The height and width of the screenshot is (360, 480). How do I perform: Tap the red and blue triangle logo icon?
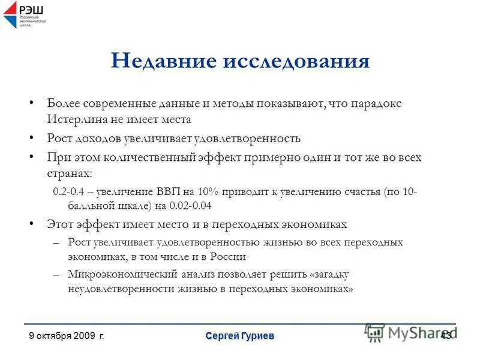11,15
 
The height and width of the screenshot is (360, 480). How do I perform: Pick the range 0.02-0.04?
190,205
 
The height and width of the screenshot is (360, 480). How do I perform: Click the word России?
229,256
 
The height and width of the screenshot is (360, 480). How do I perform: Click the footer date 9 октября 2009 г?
67,336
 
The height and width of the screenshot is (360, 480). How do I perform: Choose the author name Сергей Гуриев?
239,336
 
